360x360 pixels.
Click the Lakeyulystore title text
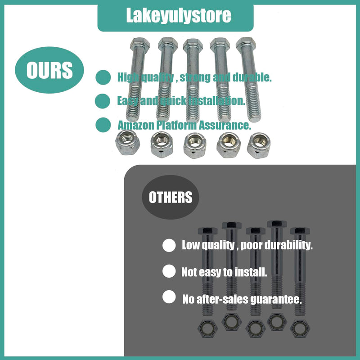[x=178, y=16]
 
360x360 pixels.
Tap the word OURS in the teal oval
[x=49, y=70]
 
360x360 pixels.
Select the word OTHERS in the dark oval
[x=171, y=197]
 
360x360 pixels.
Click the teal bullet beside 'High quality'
[x=103, y=77]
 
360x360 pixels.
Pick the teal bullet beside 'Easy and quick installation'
[x=103, y=101]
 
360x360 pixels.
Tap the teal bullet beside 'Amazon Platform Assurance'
[x=103, y=125]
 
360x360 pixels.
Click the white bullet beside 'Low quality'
[x=169, y=245]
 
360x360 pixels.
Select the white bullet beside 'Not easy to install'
[x=169, y=271]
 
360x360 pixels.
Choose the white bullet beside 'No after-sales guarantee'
[x=169, y=297]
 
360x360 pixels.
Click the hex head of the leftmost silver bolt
[x=139, y=44]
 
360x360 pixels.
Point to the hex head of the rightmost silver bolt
[x=246, y=44]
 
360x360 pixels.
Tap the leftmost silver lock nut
[x=127, y=142]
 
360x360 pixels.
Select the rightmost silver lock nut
[x=259, y=145]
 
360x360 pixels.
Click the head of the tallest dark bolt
[x=277, y=224]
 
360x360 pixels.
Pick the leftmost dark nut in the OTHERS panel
[x=207, y=328]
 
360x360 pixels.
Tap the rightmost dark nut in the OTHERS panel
[x=300, y=328]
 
